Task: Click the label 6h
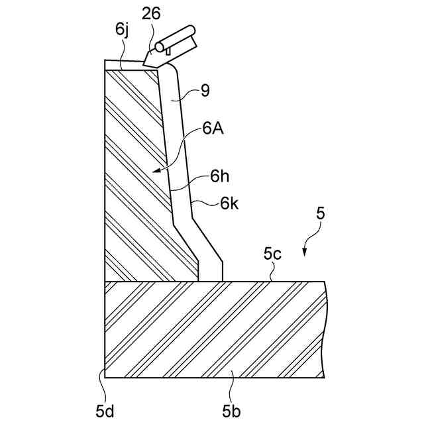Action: click(220, 178)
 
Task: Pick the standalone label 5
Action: click(321, 213)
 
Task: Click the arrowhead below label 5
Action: click(305, 251)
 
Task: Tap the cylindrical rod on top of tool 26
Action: click(174, 38)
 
